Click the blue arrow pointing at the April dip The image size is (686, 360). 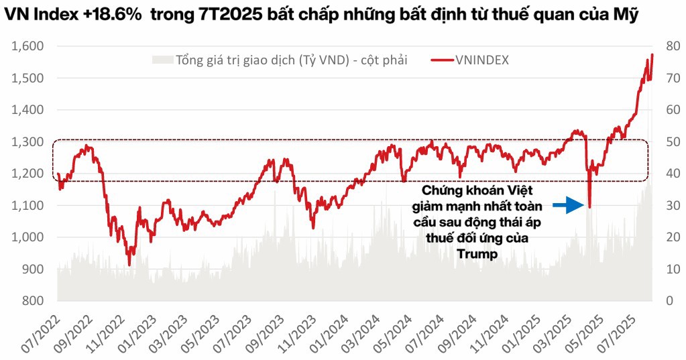coord(567,206)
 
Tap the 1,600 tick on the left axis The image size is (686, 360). coord(27,46)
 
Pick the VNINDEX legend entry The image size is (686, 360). coord(482,60)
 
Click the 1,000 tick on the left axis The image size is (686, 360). coord(27,237)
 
